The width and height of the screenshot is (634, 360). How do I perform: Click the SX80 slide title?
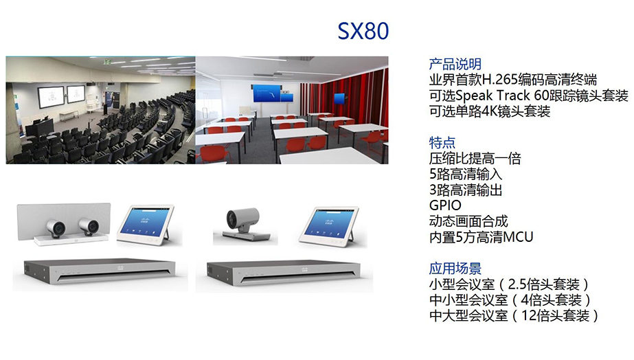(363, 31)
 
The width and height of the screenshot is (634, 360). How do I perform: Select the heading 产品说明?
(455, 64)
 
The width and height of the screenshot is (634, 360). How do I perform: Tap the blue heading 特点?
(442, 142)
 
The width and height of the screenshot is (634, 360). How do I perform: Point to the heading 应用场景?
(455, 268)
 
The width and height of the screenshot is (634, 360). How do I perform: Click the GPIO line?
(445, 205)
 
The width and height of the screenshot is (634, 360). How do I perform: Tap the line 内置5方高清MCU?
(481, 237)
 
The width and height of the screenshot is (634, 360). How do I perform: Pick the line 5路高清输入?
(466, 174)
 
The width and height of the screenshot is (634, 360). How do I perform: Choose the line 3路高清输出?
(466, 190)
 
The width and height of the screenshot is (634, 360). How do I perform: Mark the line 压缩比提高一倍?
(475, 158)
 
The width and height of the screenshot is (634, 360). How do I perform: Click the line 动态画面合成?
(468, 221)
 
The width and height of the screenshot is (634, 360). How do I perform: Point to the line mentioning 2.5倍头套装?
(509, 284)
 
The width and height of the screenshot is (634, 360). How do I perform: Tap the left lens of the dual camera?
(55, 227)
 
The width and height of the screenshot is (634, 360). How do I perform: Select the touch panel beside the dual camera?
(146, 225)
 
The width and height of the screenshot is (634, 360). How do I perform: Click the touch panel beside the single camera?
(330, 226)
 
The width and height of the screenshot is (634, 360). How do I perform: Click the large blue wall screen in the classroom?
(267, 93)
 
